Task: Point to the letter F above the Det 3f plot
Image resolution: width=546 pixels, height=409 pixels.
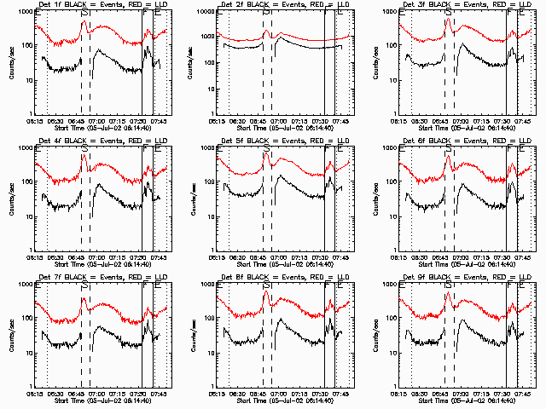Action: [509, 13]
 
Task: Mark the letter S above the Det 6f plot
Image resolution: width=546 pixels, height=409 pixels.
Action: [449, 149]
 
